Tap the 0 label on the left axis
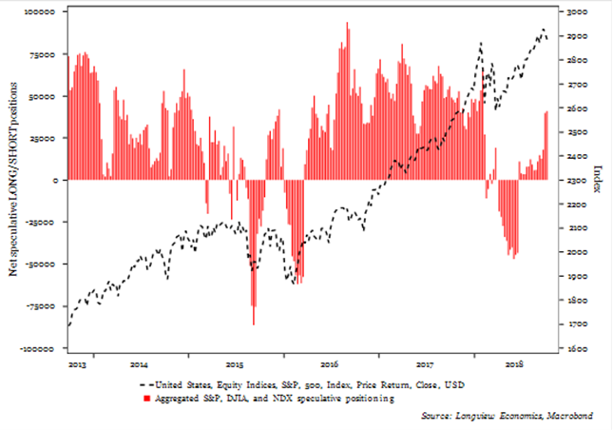tap(57, 181)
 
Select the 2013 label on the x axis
tap(80, 363)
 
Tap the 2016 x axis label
tap(329, 363)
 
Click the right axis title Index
tap(598, 179)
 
